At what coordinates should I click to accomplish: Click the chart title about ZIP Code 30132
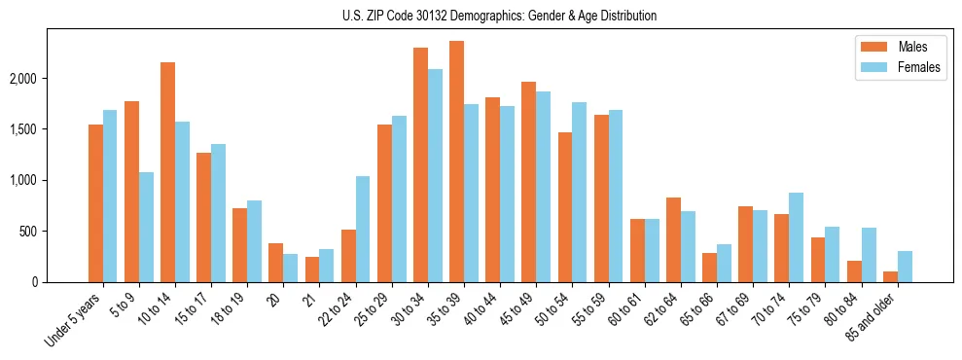pos(500,16)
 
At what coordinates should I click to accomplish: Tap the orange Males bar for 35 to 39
pos(456,162)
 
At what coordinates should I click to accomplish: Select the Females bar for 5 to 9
pos(146,227)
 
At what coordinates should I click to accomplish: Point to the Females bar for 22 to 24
pos(363,229)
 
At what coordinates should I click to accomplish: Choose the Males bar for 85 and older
pos(890,276)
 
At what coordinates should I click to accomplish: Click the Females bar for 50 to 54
pos(579,192)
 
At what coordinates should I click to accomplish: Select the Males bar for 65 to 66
pos(709,268)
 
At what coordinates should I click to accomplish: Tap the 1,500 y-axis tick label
pos(44,129)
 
